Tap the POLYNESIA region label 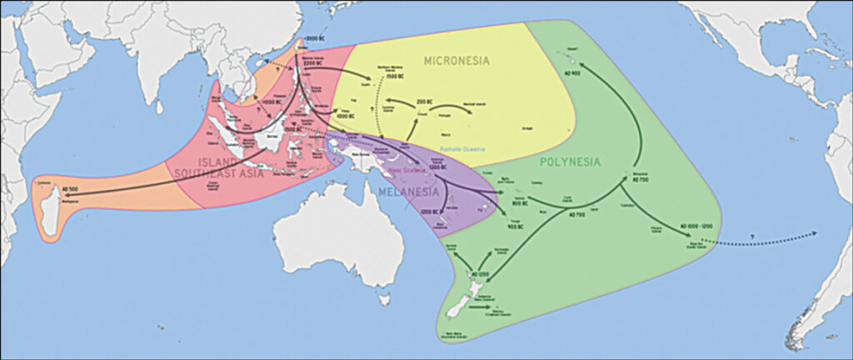tap(569, 162)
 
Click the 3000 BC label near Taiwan tap(315, 39)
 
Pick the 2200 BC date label tap(312, 62)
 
